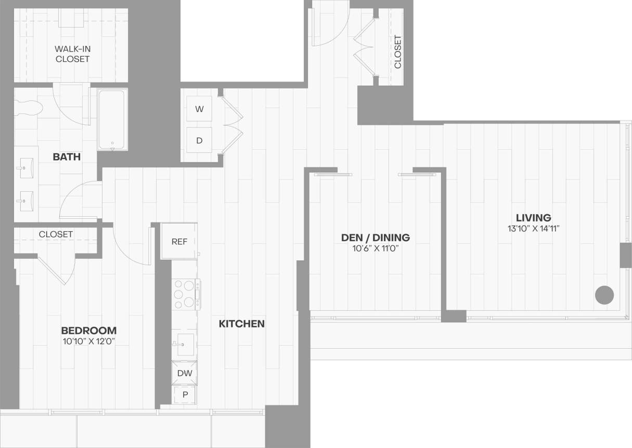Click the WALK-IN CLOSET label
72,54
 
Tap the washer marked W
199,109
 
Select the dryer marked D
199,140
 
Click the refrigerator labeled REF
179,241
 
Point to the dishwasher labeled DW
185,373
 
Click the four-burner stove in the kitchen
185,294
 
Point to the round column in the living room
604,295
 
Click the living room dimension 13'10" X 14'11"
533,228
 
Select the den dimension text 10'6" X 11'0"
375,248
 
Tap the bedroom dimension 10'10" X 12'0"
88,341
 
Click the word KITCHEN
241,324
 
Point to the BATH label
67,156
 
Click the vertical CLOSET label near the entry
398,51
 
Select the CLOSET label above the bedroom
56,234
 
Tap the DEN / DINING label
375,238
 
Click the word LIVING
533,218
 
